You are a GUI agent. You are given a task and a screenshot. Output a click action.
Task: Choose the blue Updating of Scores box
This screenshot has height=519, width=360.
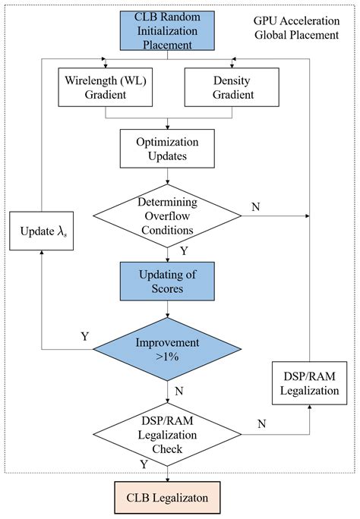(166, 281)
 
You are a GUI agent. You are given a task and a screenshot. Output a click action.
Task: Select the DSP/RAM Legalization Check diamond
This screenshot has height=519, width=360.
(167, 434)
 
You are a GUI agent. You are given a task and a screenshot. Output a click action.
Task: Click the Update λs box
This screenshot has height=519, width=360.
(44, 231)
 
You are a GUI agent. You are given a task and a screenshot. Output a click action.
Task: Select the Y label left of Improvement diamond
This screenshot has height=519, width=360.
(85, 335)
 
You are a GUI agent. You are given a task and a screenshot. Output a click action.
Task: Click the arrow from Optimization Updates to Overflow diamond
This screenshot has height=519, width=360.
(166, 176)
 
